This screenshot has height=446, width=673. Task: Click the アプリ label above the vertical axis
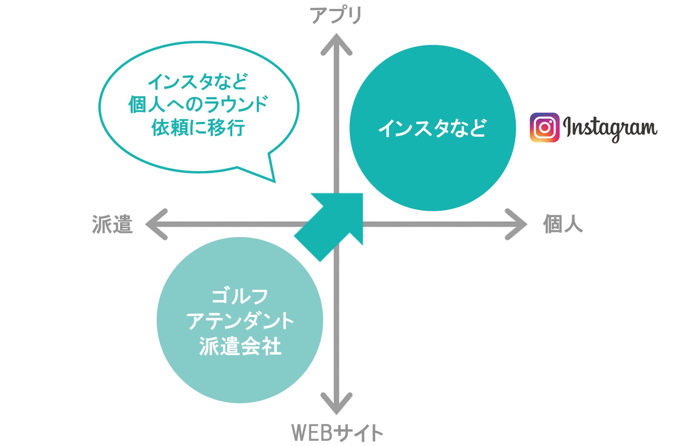click(x=336, y=16)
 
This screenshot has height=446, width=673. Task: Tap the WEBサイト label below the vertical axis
click(x=337, y=433)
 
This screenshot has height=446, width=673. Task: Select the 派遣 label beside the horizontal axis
click(x=112, y=224)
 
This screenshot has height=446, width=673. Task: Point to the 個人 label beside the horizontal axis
click(x=562, y=224)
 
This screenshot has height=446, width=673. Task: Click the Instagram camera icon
click(x=544, y=127)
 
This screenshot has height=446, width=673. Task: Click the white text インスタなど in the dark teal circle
click(x=432, y=129)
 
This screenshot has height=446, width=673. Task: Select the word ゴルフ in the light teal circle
click(x=240, y=297)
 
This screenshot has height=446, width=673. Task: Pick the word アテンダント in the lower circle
click(x=240, y=321)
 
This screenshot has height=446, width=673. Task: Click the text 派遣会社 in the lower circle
click(x=240, y=346)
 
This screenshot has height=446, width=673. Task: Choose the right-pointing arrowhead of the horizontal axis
click(x=517, y=224)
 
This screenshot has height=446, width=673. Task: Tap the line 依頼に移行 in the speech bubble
click(x=198, y=128)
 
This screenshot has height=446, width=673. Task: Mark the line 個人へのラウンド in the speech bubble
click(x=198, y=104)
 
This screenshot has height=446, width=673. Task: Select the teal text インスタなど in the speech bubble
click(x=198, y=82)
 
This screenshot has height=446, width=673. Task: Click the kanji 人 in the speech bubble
click(x=156, y=105)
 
